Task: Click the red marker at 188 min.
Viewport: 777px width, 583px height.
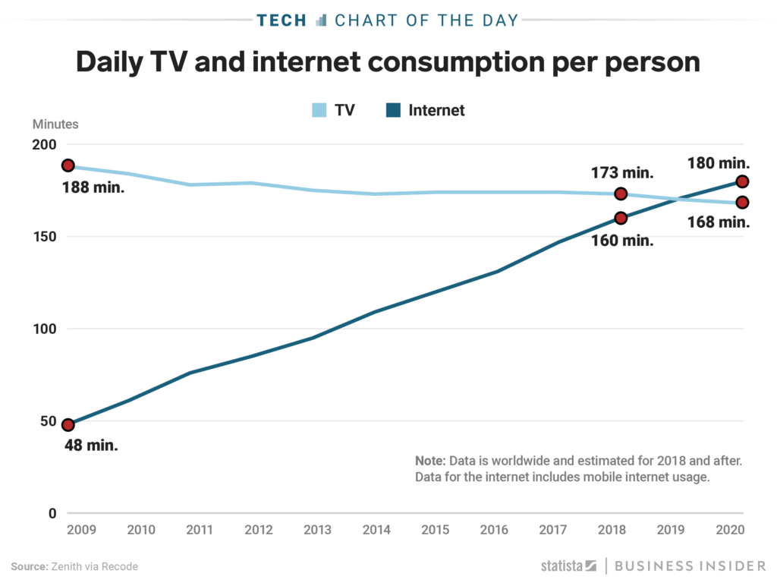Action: [68, 165]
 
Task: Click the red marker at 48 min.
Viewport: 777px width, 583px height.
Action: [68, 425]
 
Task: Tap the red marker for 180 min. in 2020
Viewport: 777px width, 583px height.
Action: [743, 181]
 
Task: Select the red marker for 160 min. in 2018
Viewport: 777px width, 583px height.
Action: [621, 218]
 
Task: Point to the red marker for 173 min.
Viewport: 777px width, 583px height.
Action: [621, 194]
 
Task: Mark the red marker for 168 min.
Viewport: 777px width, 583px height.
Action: [743, 202]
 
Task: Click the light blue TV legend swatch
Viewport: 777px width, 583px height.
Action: [319, 110]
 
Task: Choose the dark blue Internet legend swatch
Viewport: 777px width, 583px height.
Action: [393, 110]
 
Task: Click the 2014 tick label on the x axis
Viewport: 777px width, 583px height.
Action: [376, 529]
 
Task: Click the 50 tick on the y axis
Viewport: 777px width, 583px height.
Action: [48, 421]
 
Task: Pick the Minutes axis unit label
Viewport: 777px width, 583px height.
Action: [55, 124]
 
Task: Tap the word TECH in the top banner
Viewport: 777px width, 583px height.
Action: [282, 20]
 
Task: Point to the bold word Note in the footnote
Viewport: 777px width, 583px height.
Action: [430, 461]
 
